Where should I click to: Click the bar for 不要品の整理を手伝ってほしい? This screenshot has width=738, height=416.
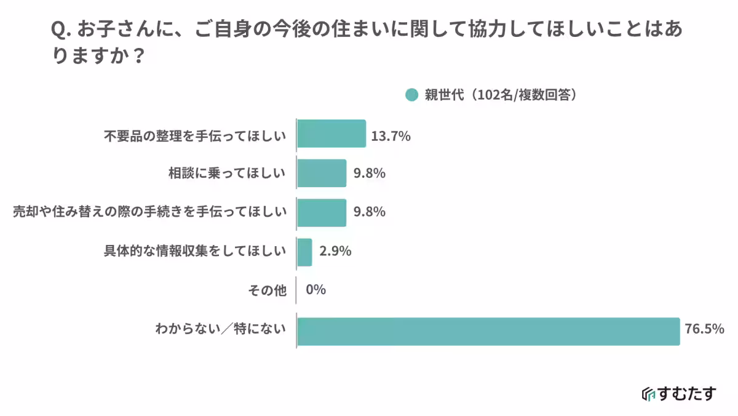click(331, 134)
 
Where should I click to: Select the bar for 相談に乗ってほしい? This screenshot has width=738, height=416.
click(322, 173)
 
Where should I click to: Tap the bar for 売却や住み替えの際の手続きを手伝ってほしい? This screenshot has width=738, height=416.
click(322, 212)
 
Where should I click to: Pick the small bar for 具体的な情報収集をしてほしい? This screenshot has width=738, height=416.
click(304, 252)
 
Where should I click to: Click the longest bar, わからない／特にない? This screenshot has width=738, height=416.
click(488, 331)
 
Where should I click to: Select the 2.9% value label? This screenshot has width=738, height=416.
click(335, 251)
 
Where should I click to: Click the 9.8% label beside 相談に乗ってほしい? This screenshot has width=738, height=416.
click(369, 174)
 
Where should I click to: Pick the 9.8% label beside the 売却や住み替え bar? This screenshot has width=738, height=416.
click(369, 212)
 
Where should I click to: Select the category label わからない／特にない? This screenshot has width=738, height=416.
click(221, 330)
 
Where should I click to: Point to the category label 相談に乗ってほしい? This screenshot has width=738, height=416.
click(228, 174)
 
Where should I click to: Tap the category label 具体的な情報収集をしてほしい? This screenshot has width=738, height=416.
click(195, 251)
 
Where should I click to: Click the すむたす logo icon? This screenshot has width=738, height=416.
click(648, 394)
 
